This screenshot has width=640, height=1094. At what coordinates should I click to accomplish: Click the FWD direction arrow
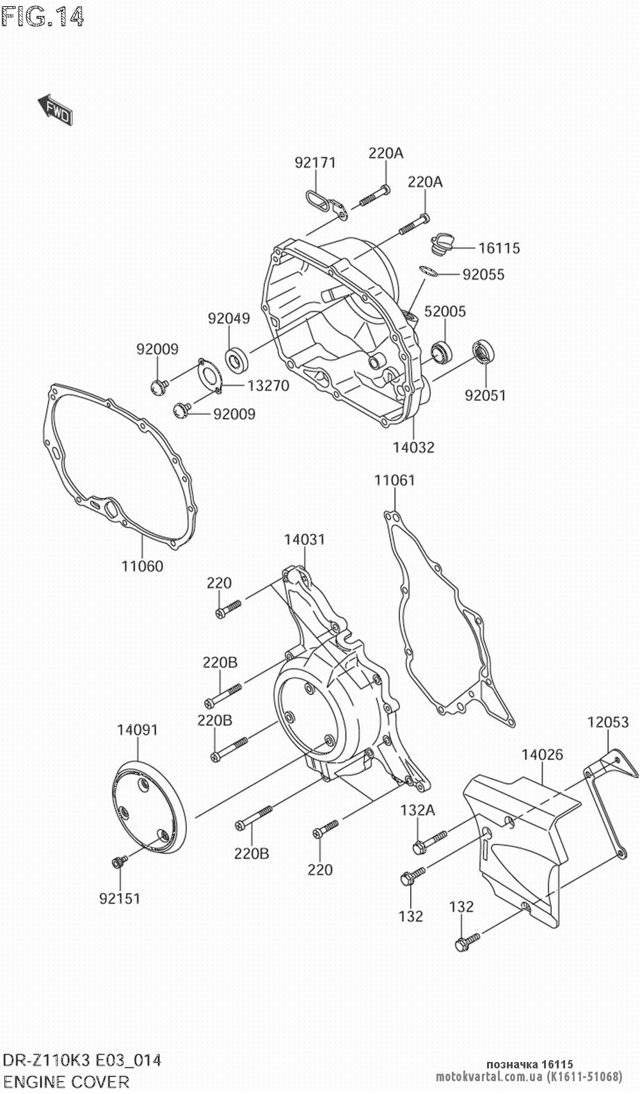(55, 109)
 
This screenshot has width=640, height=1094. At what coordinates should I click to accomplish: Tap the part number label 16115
(499, 248)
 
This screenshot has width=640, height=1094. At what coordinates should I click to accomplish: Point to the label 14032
(413, 447)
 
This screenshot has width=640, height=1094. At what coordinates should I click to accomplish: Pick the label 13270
(268, 386)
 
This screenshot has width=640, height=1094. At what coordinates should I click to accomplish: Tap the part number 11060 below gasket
(142, 566)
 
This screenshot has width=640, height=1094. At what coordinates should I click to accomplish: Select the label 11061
(395, 479)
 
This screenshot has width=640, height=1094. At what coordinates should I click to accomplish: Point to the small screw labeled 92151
(117, 864)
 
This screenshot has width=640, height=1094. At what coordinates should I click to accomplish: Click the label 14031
(305, 540)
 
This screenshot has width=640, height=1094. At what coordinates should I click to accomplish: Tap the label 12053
(608, 722)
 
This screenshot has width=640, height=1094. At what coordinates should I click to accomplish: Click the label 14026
(542, 755)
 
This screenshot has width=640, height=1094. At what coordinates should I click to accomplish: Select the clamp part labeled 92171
(324, 202)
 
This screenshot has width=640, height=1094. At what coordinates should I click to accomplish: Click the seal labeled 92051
(483, 353)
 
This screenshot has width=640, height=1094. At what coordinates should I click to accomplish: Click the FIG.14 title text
(43, 17)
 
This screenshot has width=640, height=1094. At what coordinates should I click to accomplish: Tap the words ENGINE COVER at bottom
(66, 1082)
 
